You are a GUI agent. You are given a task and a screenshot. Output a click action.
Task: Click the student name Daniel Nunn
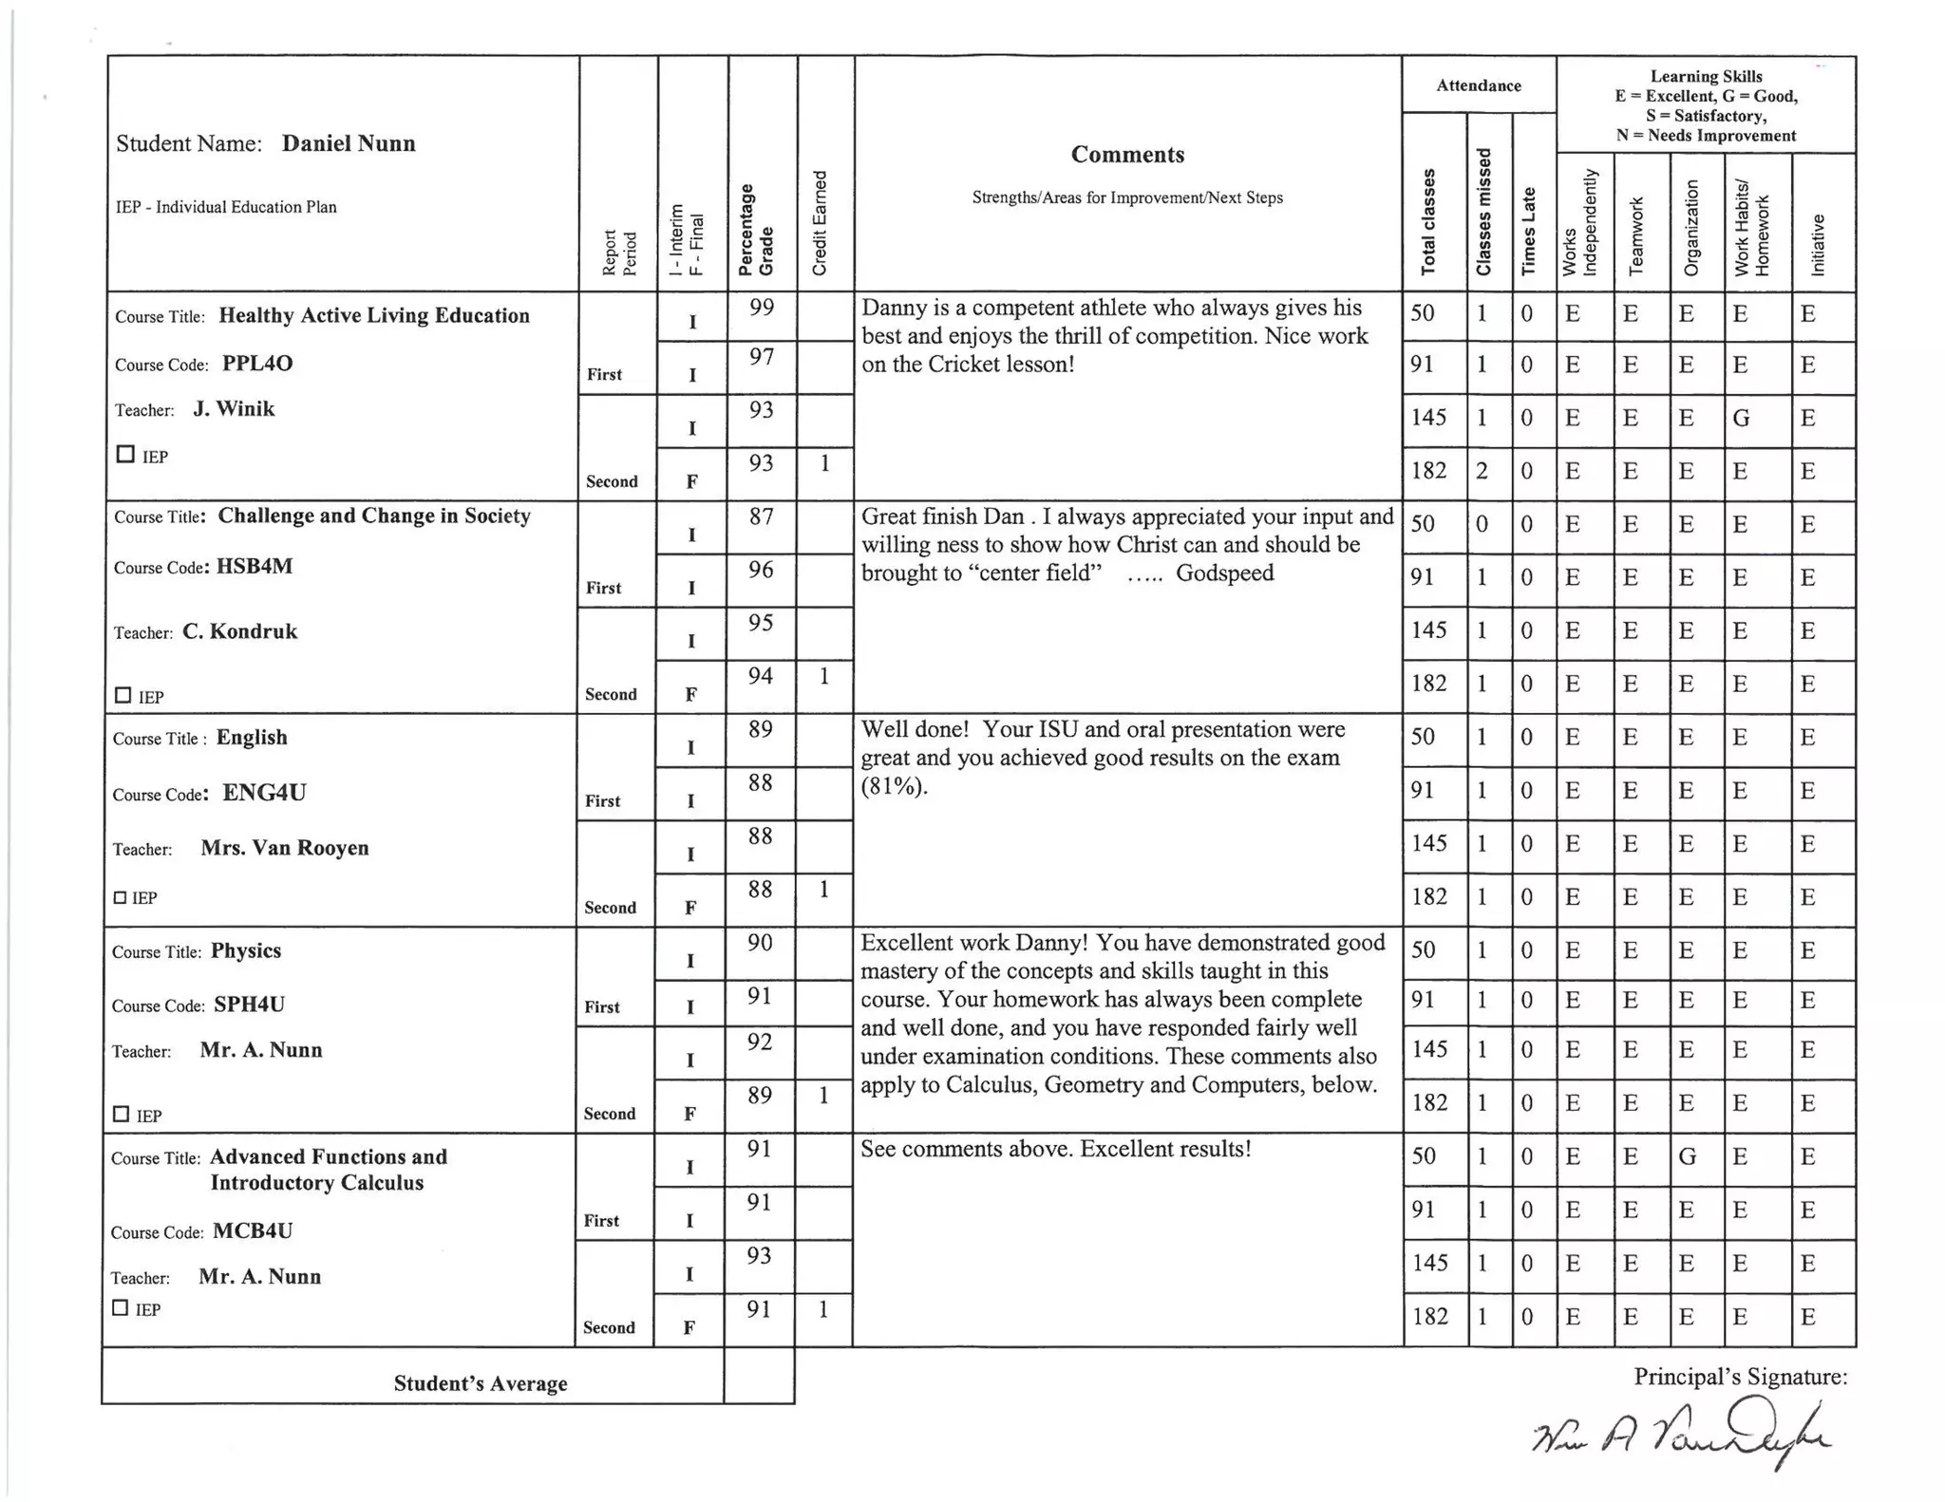pyautogui.click(x=348, y=143)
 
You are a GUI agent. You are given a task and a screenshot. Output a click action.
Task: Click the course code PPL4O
pyautogui.click(x=256, y=364)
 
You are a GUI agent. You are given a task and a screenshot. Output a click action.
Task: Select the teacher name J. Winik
pyautogui.click(x=234, y=409)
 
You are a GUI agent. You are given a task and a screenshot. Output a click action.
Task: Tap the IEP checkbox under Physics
pyautogui.click(x=121, y=1114)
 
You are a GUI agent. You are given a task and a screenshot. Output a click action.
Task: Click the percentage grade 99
pyautogui.click(x=761, y=307)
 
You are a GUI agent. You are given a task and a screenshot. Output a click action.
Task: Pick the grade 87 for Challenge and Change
pyautogui.click(x=761, y=516)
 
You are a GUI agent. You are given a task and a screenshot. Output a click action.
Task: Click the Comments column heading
pyautogui.click(x=1127, y=155)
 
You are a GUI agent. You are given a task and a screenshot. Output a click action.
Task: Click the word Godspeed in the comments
pyautogui.click(x=1224, y=573)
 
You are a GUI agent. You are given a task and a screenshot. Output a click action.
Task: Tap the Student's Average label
pyautogui.click(x=481, y=1383)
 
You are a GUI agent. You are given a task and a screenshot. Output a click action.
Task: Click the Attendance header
pyautogui.click(x=1478, y=85)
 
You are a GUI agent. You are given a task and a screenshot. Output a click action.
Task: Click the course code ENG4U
pyautogui.click(x=264, y=793)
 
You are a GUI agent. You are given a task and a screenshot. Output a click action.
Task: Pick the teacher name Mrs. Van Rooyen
pyautogui.click(x=284, y=848)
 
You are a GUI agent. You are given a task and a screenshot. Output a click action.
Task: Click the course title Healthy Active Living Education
pyautogui.click(x=374, y=316)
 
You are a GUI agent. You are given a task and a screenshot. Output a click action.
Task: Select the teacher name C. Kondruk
pyautogui.click(x=239, y=632)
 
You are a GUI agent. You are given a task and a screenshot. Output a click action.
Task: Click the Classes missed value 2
pyautogui.click(x=1482, y=471)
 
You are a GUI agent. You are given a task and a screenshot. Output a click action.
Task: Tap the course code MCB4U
pyautogui.click(x=253, y=1231)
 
